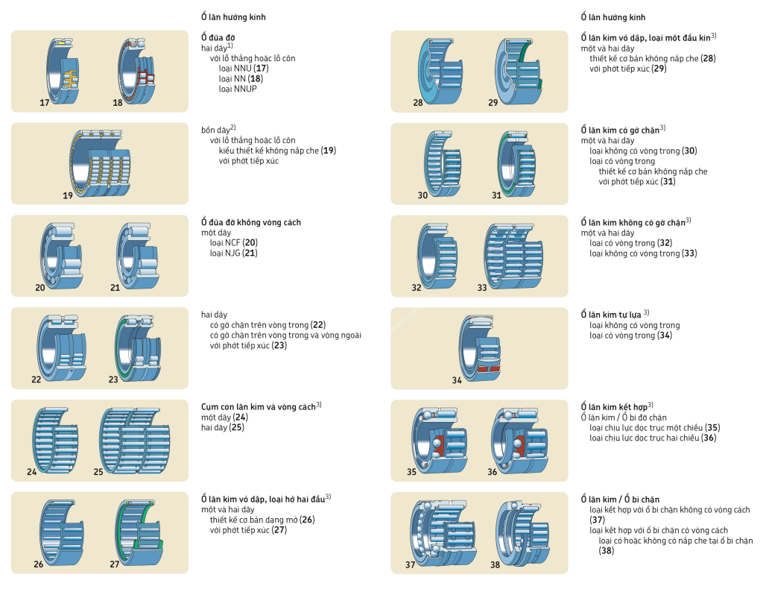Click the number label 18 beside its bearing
tap(118, 102)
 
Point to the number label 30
tap(422, 195)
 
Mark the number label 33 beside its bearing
tap(482, 288)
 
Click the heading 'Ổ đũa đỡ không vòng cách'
tap(251, 222)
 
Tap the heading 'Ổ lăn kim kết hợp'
tap(612, 407)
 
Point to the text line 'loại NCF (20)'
tap(233, 243)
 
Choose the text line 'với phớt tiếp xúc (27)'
tap(248, 530)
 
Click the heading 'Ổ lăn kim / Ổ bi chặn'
tap(620, 499)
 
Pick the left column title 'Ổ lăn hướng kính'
tap(233, 16)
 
